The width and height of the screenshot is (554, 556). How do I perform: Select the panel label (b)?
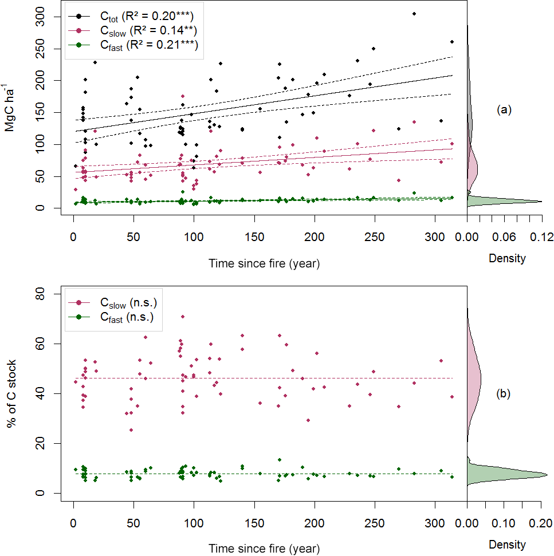pyautogui.click(x=504, y=393)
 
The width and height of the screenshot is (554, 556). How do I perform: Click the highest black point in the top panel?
pyautogui.click(x=414, y=14)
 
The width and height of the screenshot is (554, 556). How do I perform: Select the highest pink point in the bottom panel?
pyautogui.click(x=183, y=316)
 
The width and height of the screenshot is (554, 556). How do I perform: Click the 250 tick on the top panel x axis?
pyautogui.click(x=375, y=237)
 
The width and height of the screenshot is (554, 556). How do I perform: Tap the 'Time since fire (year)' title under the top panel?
pyautogui.click(x=264, y=264)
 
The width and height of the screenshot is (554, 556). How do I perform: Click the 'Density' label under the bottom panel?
pyautogui.click(x=507, y=544)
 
